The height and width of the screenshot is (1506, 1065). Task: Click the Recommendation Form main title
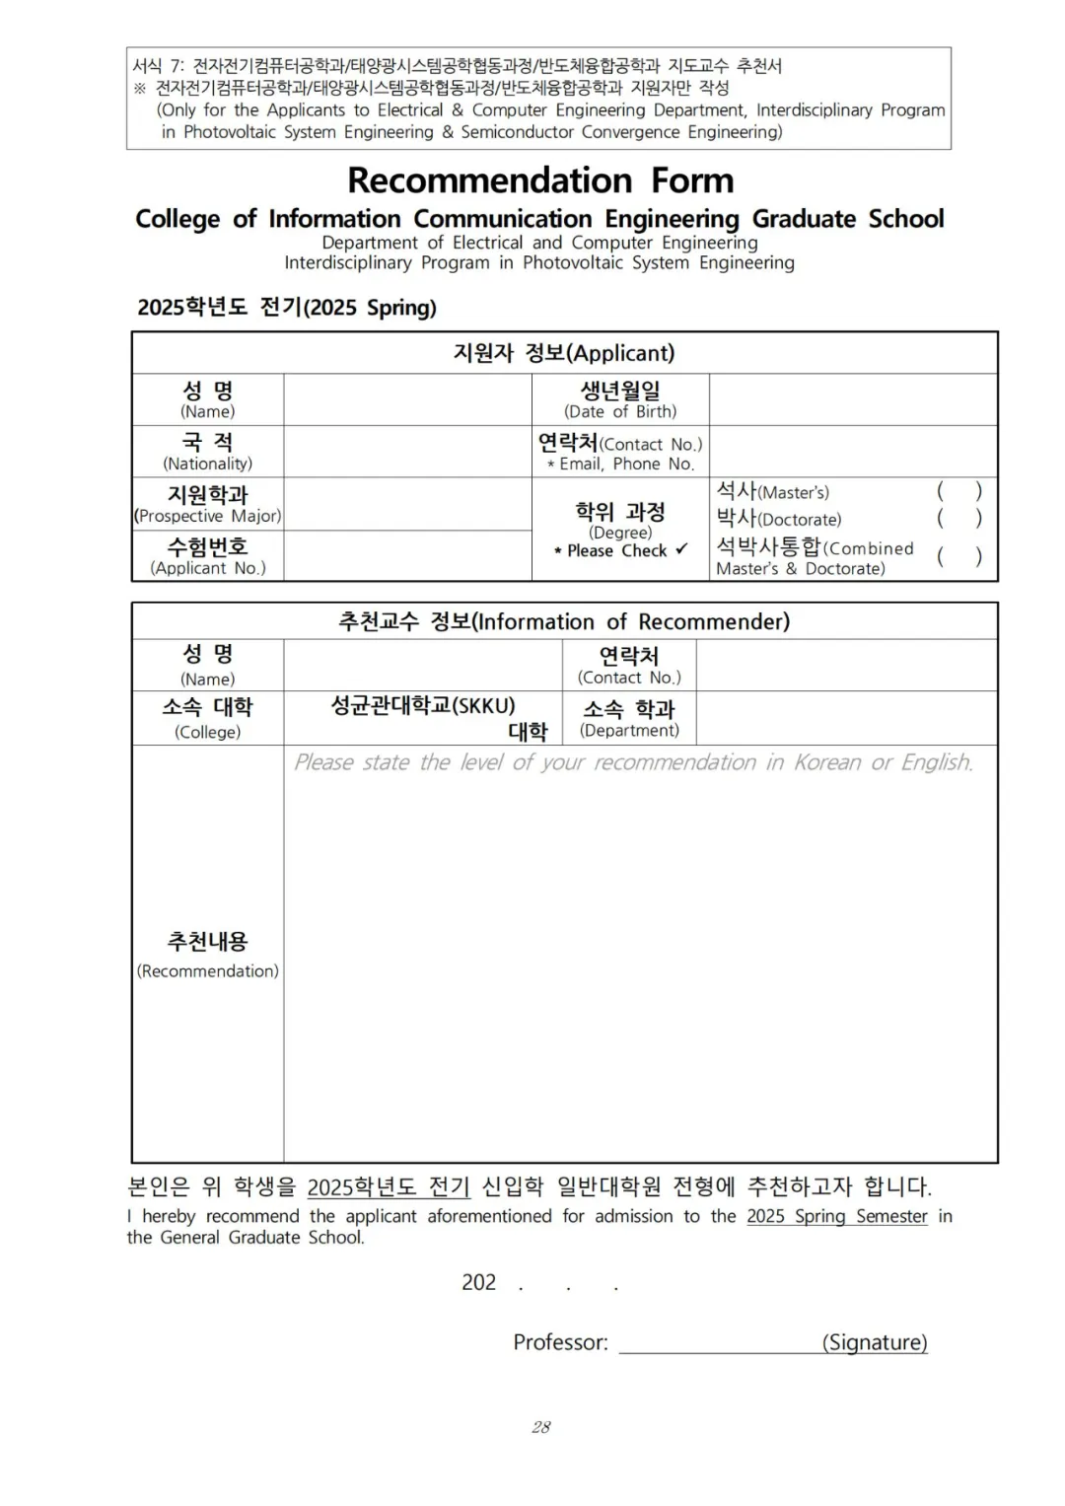coord(540,180)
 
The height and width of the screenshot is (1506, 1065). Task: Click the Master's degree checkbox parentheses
coord(958,491)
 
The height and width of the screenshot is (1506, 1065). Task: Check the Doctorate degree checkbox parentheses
coord(958,518)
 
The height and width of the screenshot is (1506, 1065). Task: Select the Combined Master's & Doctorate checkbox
coord(958,556)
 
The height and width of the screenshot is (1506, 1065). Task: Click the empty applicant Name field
coord(406,399)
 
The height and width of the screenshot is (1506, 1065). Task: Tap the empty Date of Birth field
coord(852,399)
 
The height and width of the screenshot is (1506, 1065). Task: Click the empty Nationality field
coord(406,452)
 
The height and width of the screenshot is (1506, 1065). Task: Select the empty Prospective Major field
coord(406,504)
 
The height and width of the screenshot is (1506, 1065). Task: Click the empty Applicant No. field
coord(406,556)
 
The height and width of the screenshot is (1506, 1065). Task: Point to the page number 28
coord(540,1427)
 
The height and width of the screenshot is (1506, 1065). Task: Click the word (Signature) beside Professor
coord(875,1342)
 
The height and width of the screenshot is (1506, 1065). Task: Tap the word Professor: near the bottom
coord(560,1342)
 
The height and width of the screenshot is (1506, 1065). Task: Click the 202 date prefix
coord(478,1282)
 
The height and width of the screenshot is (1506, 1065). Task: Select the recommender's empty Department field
coord(846,718)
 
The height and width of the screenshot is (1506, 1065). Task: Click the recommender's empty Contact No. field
coord(846,665)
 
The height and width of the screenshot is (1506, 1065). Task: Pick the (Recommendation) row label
coord(207,971)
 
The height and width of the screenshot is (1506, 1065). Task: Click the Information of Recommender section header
coord(564,621)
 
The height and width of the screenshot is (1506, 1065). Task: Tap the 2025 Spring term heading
coord(286,308)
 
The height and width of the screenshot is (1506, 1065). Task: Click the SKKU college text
coord(423,706)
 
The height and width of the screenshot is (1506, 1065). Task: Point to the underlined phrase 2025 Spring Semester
coord(836,1216)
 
